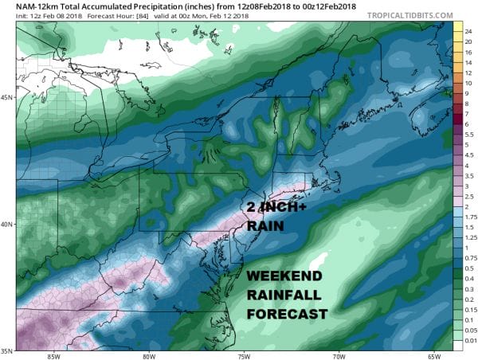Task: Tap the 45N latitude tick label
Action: pyautogui.click(x=6, y=98)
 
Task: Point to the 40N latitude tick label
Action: pyautogui.click(x=6, y=224)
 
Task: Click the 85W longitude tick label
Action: pyautogui.click(x=54, y=356)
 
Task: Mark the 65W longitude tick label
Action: pyautogui.click(x=433, y=356)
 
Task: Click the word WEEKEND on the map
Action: pyautogui.click(x=284, y=276)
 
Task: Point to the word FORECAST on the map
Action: pyautogui.click(x=287, y=314)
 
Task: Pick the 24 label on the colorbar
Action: pyautogui.click(x=469, y=25)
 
